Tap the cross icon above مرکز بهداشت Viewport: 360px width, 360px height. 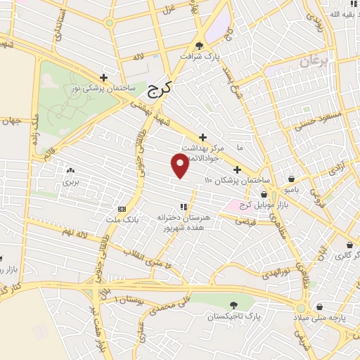tap(203, 136)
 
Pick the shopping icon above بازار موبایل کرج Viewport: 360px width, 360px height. tap(264, 195)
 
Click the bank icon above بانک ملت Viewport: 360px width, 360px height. tap(122, 209)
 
